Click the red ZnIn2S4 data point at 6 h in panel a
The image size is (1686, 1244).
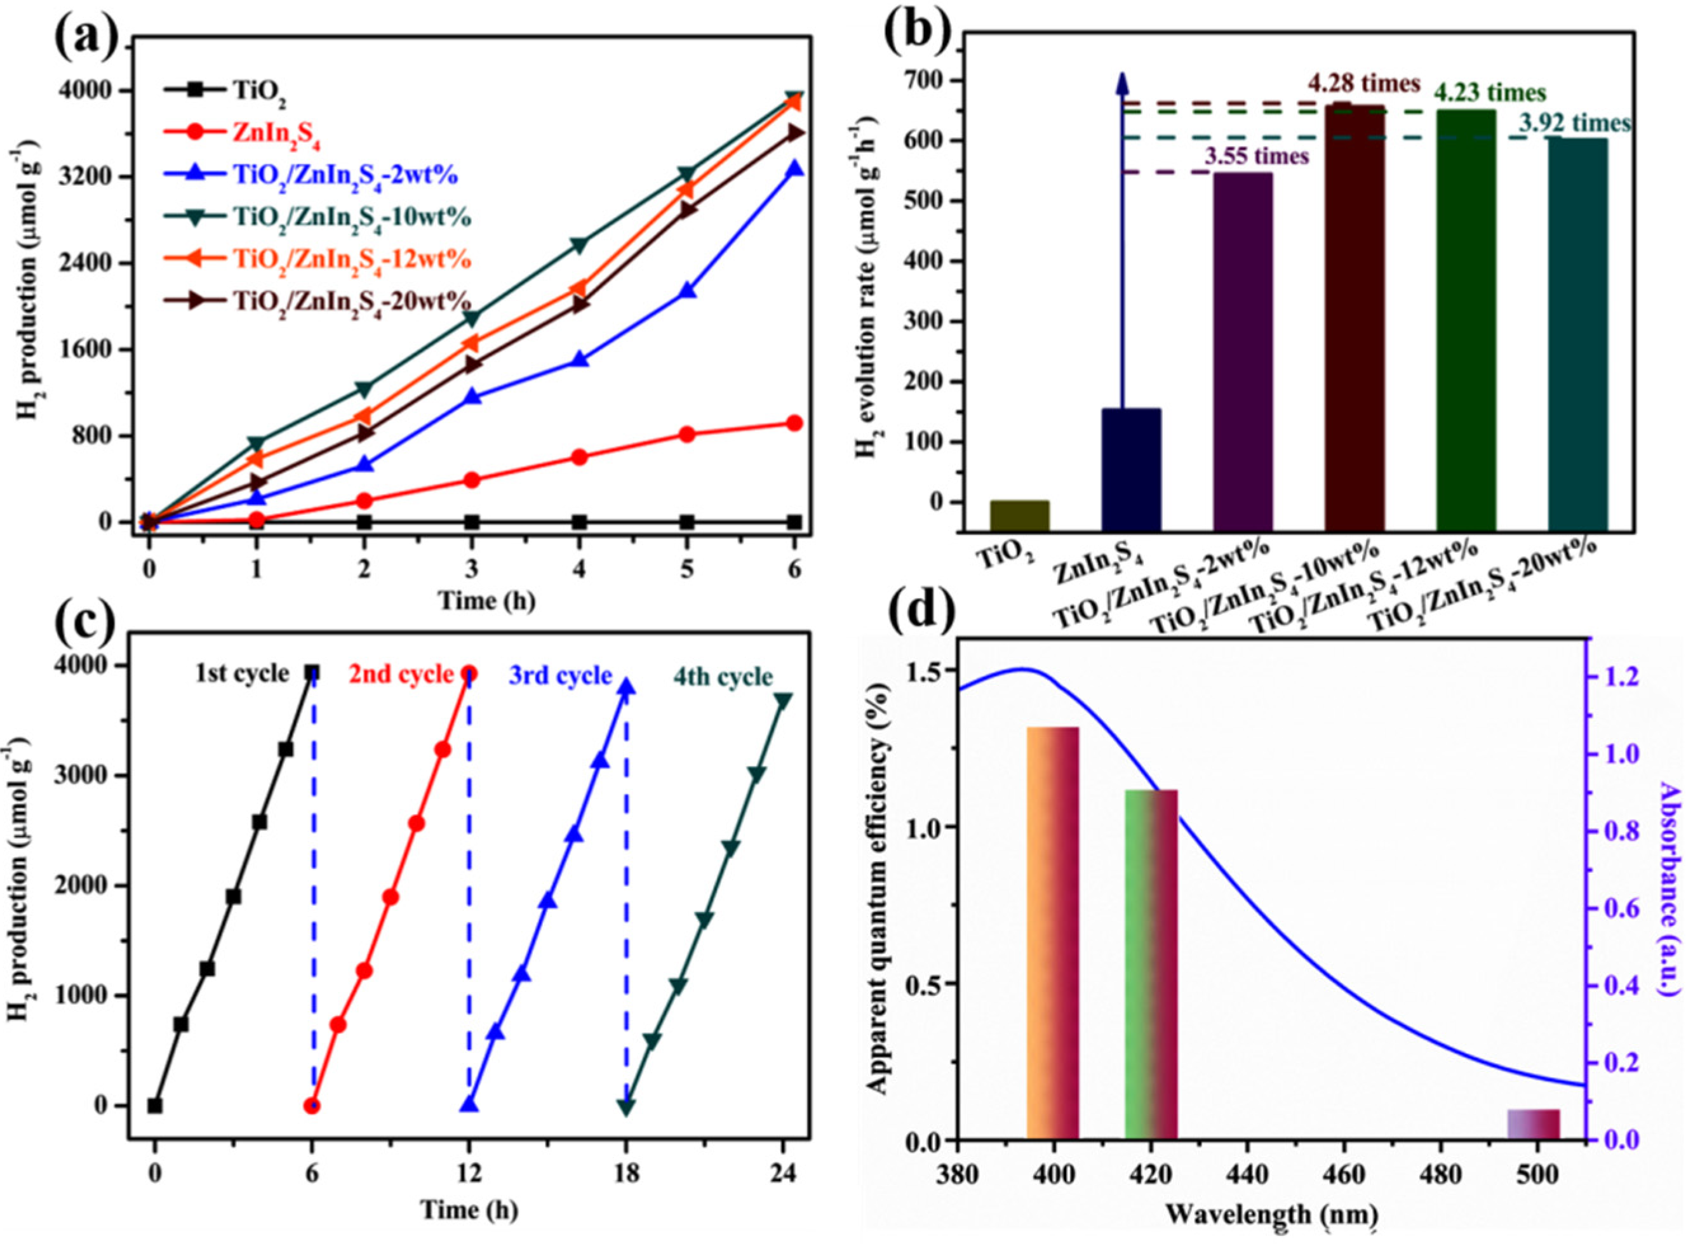point(793,423)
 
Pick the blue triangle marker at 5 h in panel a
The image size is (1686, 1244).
point(686,291)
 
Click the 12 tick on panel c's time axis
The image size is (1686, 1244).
point(469,1172)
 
